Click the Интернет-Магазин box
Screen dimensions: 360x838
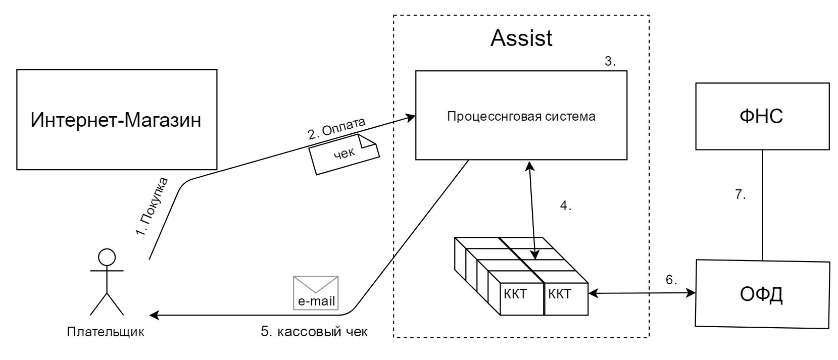click(x=117, y=120)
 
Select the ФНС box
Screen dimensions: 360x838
click(x=762, y=116)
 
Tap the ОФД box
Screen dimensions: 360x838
click(x=762, y=294)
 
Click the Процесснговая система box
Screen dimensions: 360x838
click(x=521, y=116)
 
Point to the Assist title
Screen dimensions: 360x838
click(x=521, y=38)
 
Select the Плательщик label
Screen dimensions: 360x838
click(x=106, y=332)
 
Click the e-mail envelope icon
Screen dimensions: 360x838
click(x=316, y=292)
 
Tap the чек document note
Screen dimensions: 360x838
click(x=344, y=153)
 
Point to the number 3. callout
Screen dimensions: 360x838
click(x=610, y=61)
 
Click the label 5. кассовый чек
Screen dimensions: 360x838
click(x=315, y=332)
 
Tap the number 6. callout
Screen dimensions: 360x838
click(x=671, y=280)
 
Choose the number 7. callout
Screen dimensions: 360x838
click(x=741, y=195)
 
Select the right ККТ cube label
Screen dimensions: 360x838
click(x=560, y=294)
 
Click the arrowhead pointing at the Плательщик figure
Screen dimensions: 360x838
click(x=155, y=316)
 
